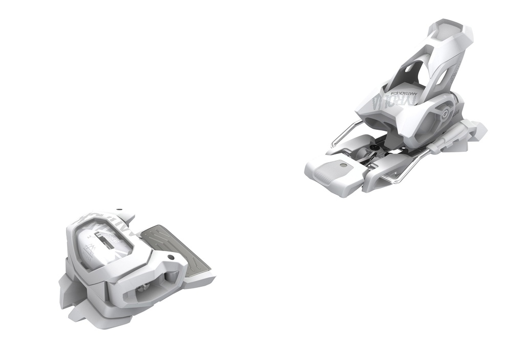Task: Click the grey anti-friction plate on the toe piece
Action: coord(177,245)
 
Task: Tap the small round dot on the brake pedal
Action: coord(342,165)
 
